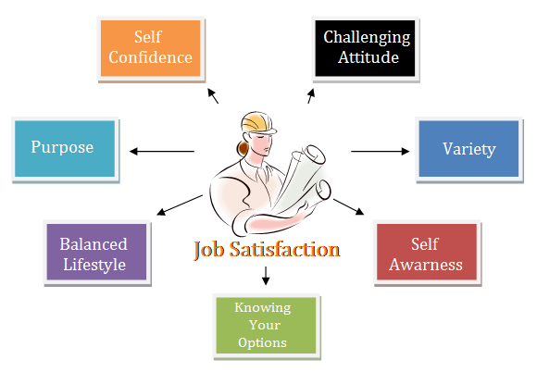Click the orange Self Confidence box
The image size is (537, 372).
click(151, 48)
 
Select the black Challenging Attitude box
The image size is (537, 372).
click(365, 48)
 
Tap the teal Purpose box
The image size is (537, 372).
click(65, 149)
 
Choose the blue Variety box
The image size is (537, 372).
click(468, 149)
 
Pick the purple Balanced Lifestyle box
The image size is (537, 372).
click(96, 252)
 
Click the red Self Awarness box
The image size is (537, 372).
click(427, 252)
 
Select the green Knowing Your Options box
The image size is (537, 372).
click(266, 325)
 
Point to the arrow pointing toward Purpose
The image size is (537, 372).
click(162, 151)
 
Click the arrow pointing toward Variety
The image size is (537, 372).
click(381, 151)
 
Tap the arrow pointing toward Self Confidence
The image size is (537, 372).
click(213, 96)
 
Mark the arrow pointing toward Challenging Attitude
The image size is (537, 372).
click(311, 96)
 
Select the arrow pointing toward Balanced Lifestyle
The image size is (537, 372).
click(180, 205)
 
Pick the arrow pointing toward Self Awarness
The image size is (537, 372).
click(349, 206)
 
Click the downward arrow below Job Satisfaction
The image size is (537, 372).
click(266, 276)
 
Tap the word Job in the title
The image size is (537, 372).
click(209, 250)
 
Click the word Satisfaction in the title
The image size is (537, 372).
click(284, 249)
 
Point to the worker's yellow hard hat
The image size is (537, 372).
click(258, 122)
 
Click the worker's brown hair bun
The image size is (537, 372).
click(243, 149)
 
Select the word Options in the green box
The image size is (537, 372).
click(262, 342)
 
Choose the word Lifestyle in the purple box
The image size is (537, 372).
click(94, 266)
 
